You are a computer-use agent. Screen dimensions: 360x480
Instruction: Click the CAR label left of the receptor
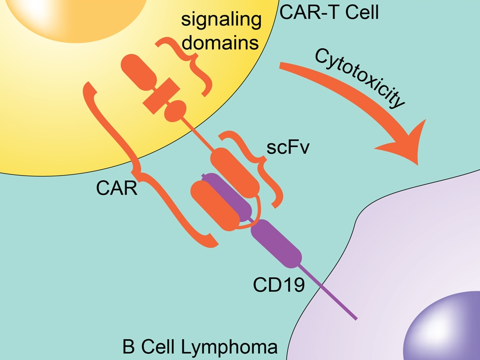(x=116, y=188)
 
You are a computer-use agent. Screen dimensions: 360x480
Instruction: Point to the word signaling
(x=220, y=21)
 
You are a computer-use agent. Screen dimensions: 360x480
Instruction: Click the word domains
(x=220, y=43)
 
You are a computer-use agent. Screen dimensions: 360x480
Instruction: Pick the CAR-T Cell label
(x=329, y=11)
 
